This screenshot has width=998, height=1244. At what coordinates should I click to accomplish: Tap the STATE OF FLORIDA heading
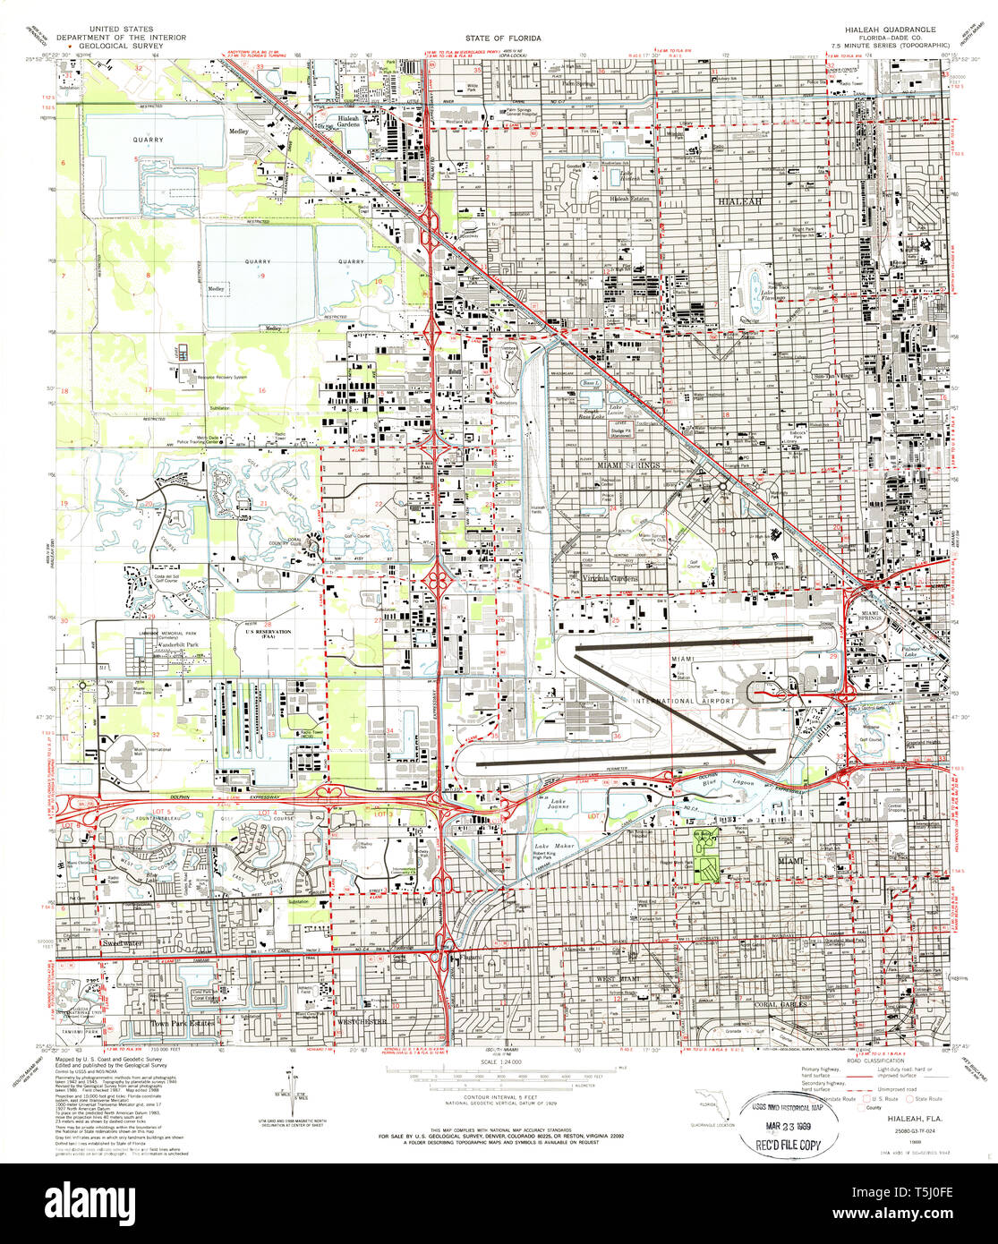(499, 39)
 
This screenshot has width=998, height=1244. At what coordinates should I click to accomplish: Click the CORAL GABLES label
(781, 1004)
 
